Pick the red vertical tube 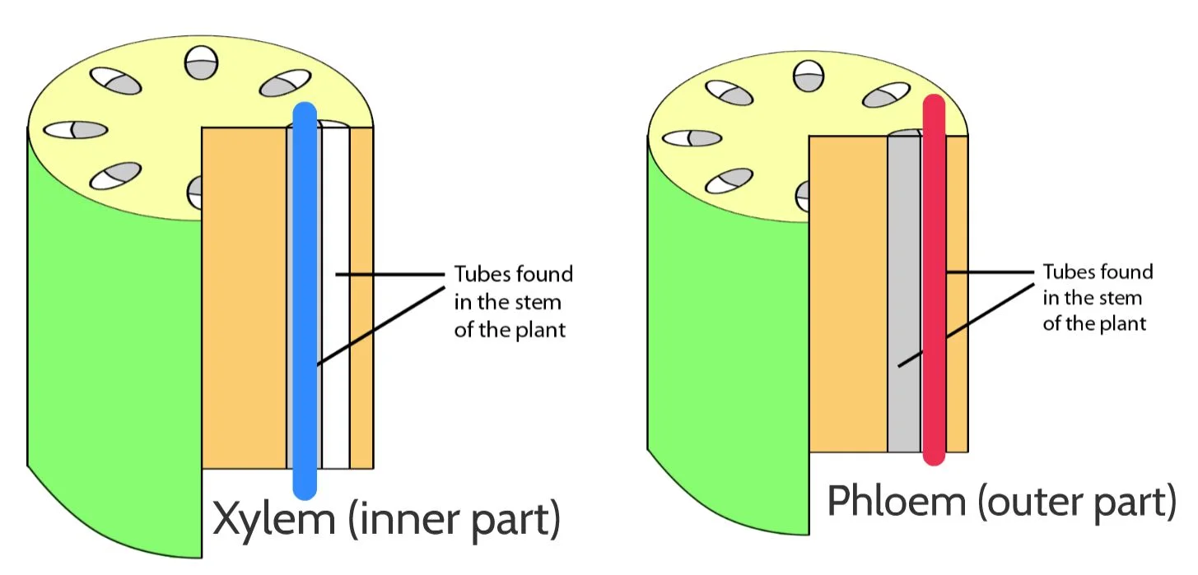coord(933,280)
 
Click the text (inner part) coord(454,520)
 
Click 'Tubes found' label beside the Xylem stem coord(513,274)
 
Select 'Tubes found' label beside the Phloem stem coord(1098,272)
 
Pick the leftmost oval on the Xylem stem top coord(76,130)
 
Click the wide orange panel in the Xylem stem coord(244,296)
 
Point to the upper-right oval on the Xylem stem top coord(285,85)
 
